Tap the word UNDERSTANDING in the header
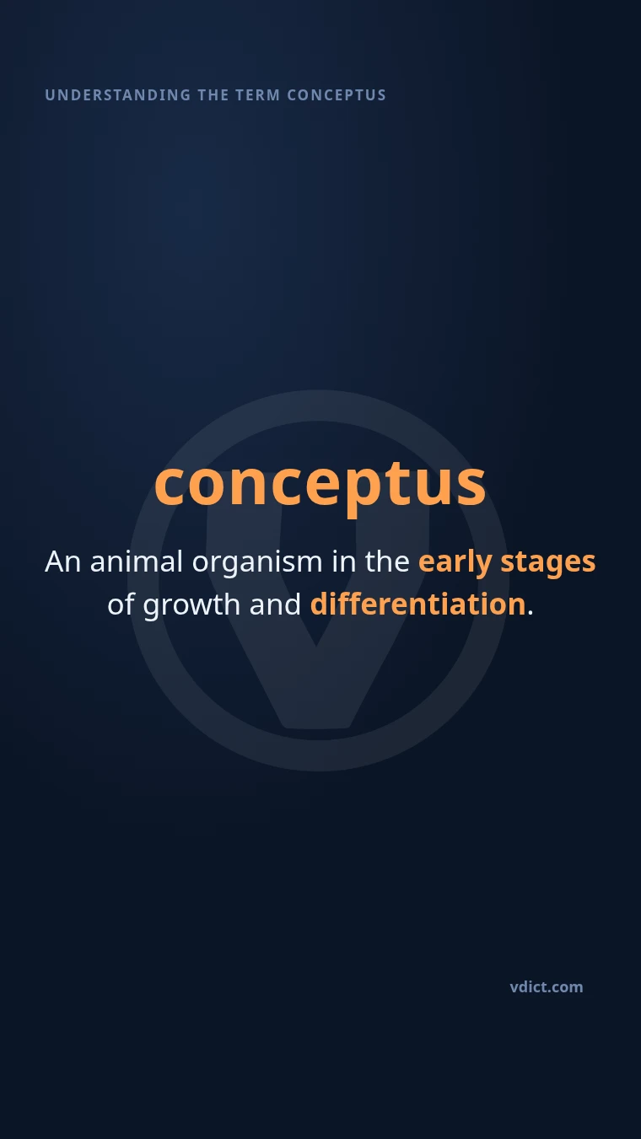(117, 95)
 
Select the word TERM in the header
(257, 95)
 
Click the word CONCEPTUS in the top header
(337, 95)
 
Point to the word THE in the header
(213, 95)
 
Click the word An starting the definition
(62, 561)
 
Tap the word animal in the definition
(136, 561)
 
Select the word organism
(257, 564)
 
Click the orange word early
(455, 563)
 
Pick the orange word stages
(548, 564)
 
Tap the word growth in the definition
(191, 606)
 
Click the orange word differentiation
(417, 604)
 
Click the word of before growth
(121, 604)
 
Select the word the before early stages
(387, 561)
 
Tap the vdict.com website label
(547, 987)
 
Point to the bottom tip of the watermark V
(316, 728)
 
